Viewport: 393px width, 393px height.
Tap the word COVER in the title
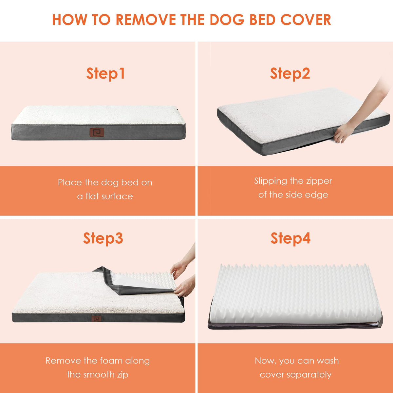pyautogui.click(x=306, y=20)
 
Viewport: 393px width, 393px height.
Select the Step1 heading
pyautogui.click(x=105, y=74)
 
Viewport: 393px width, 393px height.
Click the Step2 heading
pyautogui.click(x=290, y=74)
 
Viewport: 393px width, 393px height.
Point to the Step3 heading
pyautogui.click(x=103, y=238)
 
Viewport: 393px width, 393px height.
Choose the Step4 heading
pyautogui.click(x=290, y=238)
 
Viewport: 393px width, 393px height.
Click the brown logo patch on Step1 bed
pyautogui.click(x=97, y=132)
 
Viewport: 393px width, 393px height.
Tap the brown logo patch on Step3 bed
pyautogui.click(x=96, y=318)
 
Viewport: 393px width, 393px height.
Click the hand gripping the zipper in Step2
pyautogui.click(x=343, y=133)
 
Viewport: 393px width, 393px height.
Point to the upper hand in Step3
pyautogui.click(x=179, y=270)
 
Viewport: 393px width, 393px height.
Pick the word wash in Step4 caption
pyautogui.click(x=328, y=361)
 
